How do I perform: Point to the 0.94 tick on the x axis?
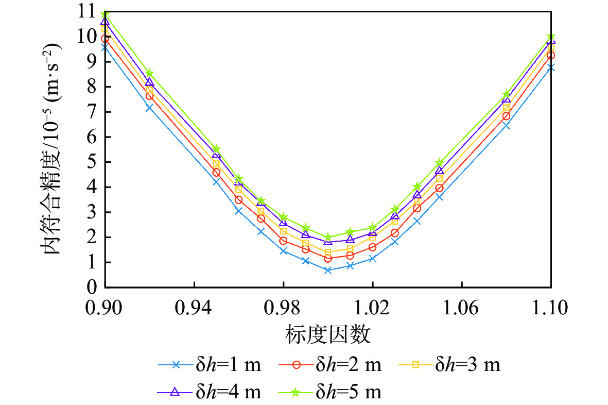[x=194, y=308]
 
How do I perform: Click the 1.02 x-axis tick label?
[x=372, y=308]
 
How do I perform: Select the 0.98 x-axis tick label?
[x=283, y=308]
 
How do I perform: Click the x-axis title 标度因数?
[x=327, y=335]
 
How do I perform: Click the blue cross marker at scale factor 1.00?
[x=328, y=270]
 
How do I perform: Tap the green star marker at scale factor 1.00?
[x=328, y=238]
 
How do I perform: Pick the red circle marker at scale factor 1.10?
[x=551, y=55]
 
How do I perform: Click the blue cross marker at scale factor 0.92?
[x=149, y=108]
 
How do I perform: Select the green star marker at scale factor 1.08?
[x=506, y=94]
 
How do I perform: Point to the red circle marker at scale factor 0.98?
[x=283, y=241]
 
